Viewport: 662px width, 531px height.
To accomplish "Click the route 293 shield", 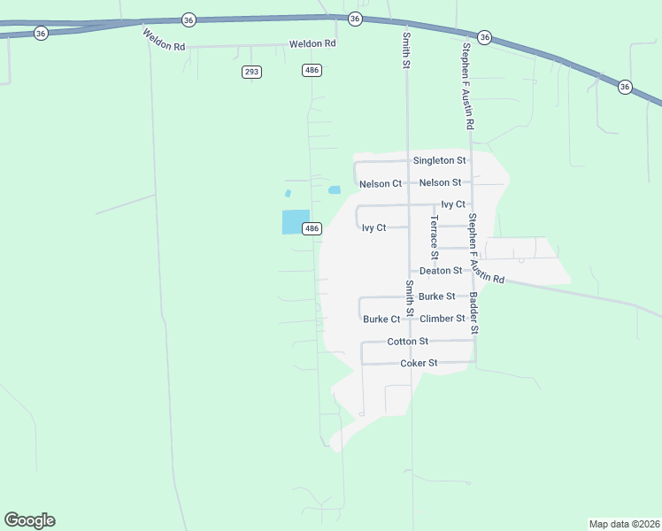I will click(251, 72).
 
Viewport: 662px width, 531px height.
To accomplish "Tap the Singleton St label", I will click(439, 160).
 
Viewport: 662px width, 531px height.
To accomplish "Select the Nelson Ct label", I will click(381, 184).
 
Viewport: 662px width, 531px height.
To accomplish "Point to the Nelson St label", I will click(440, 182).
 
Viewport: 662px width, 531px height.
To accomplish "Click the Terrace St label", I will click(435, 236).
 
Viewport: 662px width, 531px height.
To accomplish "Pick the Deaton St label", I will click(441, 271).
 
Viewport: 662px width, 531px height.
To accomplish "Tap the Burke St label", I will click(437, 296).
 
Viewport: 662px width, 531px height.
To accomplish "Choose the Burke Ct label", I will click(381, 319).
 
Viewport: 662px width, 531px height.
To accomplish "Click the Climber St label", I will click(443, 319).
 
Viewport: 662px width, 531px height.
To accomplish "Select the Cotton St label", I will click(408, 342).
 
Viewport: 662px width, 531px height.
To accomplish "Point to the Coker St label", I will click(420, 363).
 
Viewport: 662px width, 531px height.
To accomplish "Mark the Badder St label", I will click(474, 312).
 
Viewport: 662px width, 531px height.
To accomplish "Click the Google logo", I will click(29, 520).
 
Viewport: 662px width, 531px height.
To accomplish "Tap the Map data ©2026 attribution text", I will click(624, 523).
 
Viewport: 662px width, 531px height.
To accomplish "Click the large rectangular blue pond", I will click(296, 221).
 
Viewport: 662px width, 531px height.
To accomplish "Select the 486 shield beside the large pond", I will click(312, 228).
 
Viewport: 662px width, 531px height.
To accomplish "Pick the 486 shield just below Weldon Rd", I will click(312, 70).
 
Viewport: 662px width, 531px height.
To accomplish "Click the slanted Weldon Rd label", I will click(163, 40).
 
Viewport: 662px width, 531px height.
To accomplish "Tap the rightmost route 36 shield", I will click(625, 87).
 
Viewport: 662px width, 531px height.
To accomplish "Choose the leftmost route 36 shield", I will click(41, 33).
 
